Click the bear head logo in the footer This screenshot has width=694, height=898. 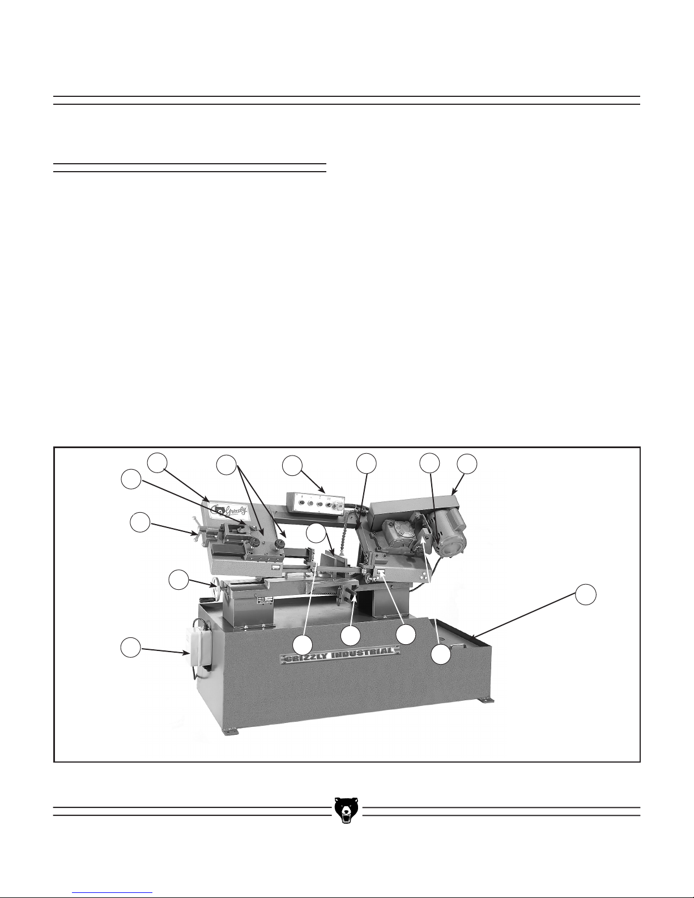346,810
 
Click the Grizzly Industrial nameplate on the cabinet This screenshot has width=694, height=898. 340,657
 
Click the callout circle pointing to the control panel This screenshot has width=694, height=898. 292,466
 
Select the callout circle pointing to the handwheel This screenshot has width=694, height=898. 179,580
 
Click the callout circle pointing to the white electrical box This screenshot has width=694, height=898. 130,647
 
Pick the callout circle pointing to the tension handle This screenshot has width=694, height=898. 140,522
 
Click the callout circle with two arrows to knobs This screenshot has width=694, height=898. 227,465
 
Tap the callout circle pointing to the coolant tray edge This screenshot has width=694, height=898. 586,595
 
